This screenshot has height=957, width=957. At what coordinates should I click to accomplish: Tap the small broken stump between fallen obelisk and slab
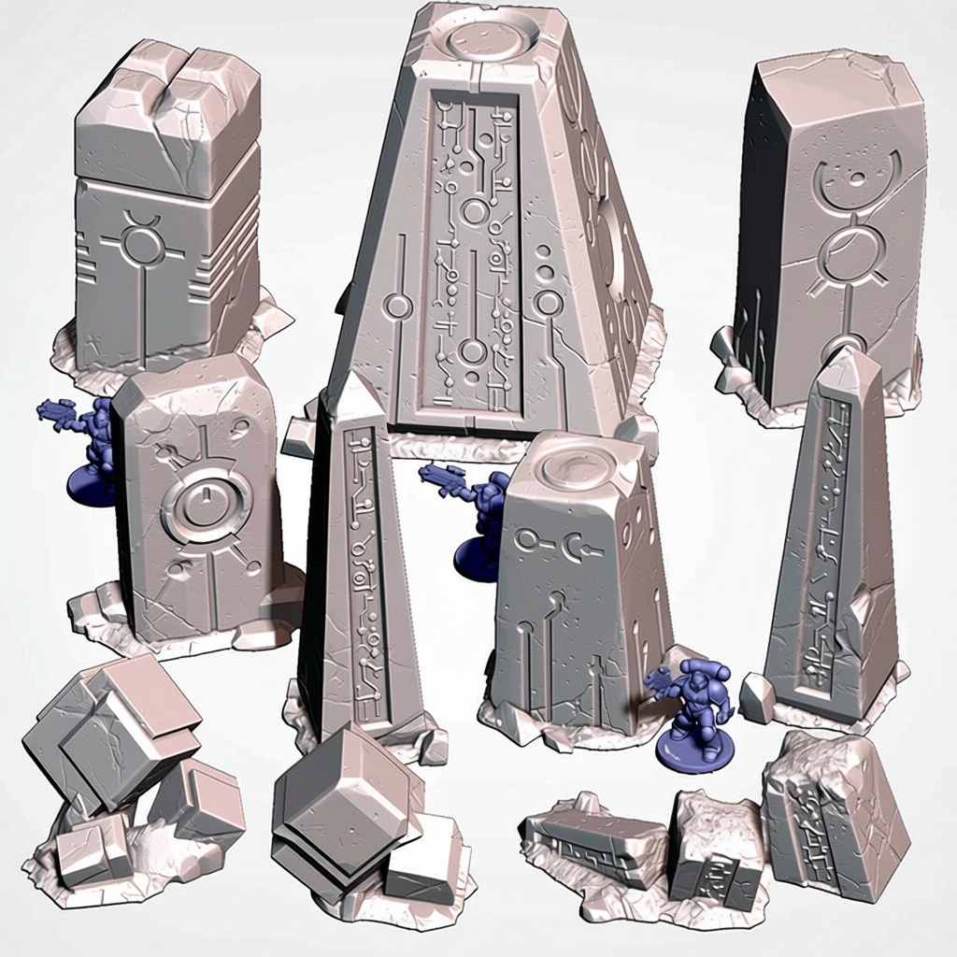point(715,850)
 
